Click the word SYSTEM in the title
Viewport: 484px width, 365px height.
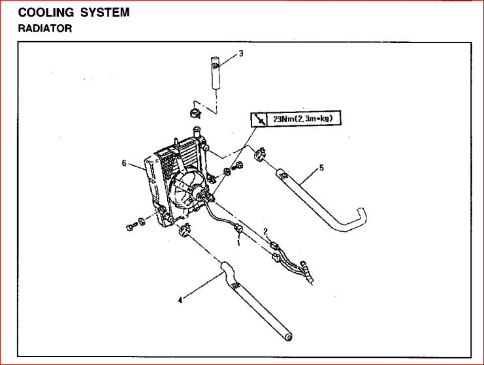pyautogui.click(x=106, y=12)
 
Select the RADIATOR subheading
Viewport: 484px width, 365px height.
pyautogui.click(x=45, y=29)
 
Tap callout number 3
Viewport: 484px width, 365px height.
pyautogui.click(x=241, y=54)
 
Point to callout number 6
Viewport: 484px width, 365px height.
pyautogui.click(x=123, y=163)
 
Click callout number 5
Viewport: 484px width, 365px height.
pyautogui.click(x=321, y=168)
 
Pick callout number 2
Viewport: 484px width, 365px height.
pyautogui.click(x=266, y=231)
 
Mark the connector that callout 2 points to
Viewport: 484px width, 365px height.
pyautogui.click(x=275, y=246)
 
